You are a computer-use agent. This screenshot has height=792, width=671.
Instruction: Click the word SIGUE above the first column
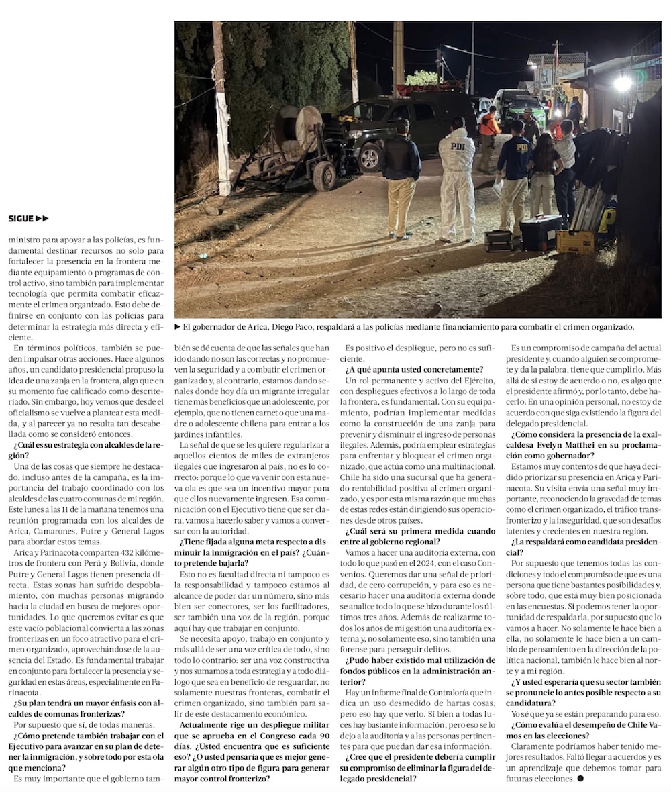click(21, 218)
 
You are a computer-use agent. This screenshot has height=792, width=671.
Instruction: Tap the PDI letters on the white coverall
click(457, 146)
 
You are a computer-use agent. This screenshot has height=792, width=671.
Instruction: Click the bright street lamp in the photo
click(623, 83)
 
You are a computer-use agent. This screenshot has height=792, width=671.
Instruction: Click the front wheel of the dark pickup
click(369, 158)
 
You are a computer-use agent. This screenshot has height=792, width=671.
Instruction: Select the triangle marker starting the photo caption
click(178, 327)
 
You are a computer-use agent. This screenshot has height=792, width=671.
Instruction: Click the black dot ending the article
click(580, 779)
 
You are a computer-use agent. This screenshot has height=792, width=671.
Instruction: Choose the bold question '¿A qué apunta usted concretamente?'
click(414, 369)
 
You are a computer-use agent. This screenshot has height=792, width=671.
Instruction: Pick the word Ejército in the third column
click(460, 381)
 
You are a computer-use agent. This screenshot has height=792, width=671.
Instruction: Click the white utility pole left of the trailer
click(221, 107)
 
